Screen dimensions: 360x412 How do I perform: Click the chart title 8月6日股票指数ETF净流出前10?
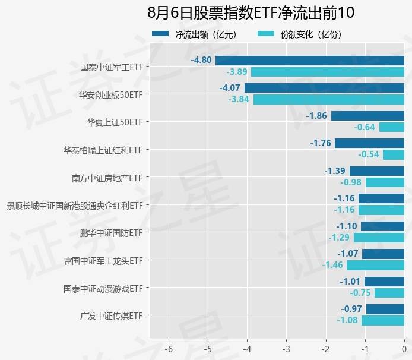250,13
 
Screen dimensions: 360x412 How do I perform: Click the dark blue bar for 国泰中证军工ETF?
309,61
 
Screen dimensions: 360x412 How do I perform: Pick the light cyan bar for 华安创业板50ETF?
328,99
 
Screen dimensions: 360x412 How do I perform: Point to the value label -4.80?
201,61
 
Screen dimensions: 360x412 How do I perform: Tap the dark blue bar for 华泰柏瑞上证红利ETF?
369,143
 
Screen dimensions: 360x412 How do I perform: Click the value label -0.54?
369,154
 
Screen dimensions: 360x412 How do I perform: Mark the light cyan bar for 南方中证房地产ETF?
385,182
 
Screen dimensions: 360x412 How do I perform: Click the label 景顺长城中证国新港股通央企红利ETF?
75,206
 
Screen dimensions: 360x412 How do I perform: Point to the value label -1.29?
340,238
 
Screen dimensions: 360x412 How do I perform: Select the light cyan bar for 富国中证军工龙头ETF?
375,265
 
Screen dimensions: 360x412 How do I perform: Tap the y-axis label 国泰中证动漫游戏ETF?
103,289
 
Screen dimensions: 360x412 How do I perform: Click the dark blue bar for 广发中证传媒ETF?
385,309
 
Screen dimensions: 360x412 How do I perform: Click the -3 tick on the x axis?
286,349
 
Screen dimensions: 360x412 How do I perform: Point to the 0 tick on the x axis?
404,349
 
